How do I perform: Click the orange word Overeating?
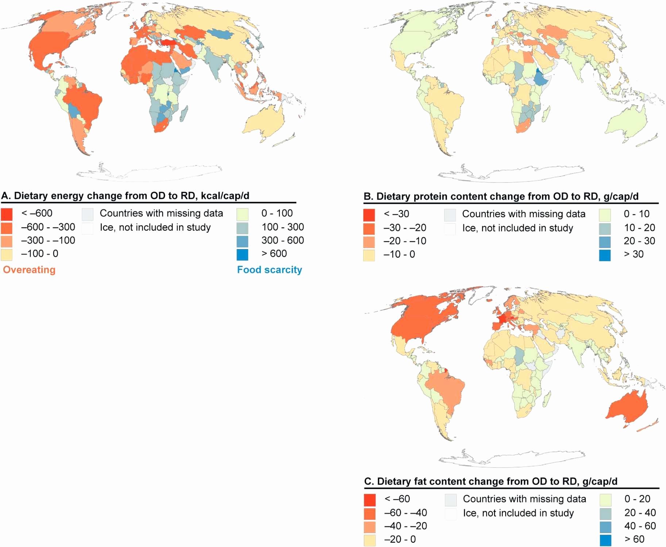[29, 270]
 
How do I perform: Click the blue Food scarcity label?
[270, 270]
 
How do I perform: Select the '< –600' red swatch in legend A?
[7, 214]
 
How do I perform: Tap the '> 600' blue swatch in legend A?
[242, 254]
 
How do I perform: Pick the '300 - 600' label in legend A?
[282, 240]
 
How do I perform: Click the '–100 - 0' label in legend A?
[40, 254]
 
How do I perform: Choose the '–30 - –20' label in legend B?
[405, 228]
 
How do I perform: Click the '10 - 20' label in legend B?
[639, 228]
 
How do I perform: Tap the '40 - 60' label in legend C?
[640, 526]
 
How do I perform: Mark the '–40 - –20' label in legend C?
[405, 526]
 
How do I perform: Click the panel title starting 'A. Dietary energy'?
[125, 196]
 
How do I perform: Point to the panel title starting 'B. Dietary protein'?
[501, 196]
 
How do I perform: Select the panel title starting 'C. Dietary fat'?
[491, 481]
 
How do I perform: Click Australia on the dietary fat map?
[628, 408]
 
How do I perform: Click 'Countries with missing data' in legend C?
[524, 499]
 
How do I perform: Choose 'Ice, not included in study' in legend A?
[155, 227]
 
